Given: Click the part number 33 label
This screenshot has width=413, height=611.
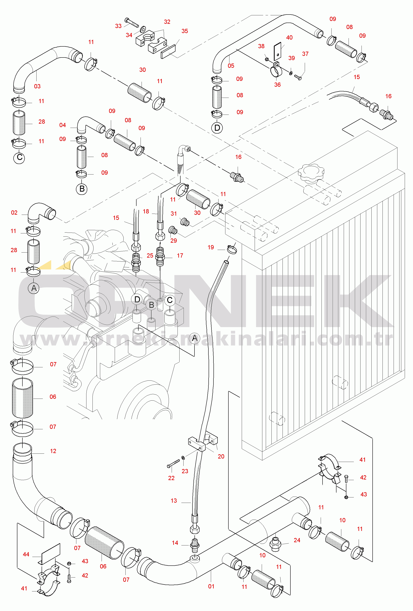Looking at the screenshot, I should coord(118,26).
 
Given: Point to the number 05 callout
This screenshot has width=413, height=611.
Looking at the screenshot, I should coord(231,66).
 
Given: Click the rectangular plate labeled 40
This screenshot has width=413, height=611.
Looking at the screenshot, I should coord(277,50).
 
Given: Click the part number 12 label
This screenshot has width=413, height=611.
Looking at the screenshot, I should coord(53,451).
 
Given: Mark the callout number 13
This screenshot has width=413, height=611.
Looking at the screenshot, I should coord(174,501).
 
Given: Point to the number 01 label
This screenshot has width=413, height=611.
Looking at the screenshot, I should coord(211,586).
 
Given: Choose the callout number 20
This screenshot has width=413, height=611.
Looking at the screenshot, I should coord(221,457).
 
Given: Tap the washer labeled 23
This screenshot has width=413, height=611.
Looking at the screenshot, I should coord(183,458).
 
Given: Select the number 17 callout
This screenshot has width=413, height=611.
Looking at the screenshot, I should coord(180,256).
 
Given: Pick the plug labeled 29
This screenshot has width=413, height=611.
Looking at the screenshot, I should coord(173,230).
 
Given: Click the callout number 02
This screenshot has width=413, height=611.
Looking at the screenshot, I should coord(14,213).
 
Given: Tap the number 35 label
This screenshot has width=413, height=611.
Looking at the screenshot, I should coord(185,31).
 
